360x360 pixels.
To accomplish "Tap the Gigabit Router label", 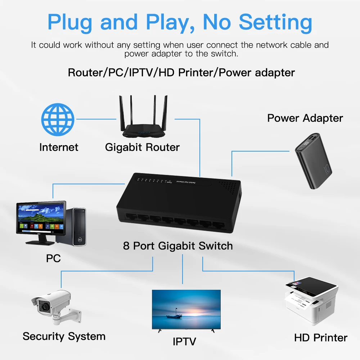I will coord(142,147).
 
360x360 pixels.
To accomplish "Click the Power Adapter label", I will coord(305,118).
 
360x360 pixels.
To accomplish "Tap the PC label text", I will coord(53,258).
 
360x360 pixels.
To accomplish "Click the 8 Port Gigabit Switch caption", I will coord(178,246).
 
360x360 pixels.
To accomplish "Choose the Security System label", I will coord(64,336).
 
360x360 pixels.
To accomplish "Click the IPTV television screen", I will coord(186,309).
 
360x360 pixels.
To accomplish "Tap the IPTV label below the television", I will coord(185,341).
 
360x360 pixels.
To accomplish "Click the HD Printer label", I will coord(320,338).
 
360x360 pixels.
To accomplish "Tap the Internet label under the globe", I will coord(59,147).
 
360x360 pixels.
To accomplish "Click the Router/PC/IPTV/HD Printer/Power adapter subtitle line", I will coord(181,72).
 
